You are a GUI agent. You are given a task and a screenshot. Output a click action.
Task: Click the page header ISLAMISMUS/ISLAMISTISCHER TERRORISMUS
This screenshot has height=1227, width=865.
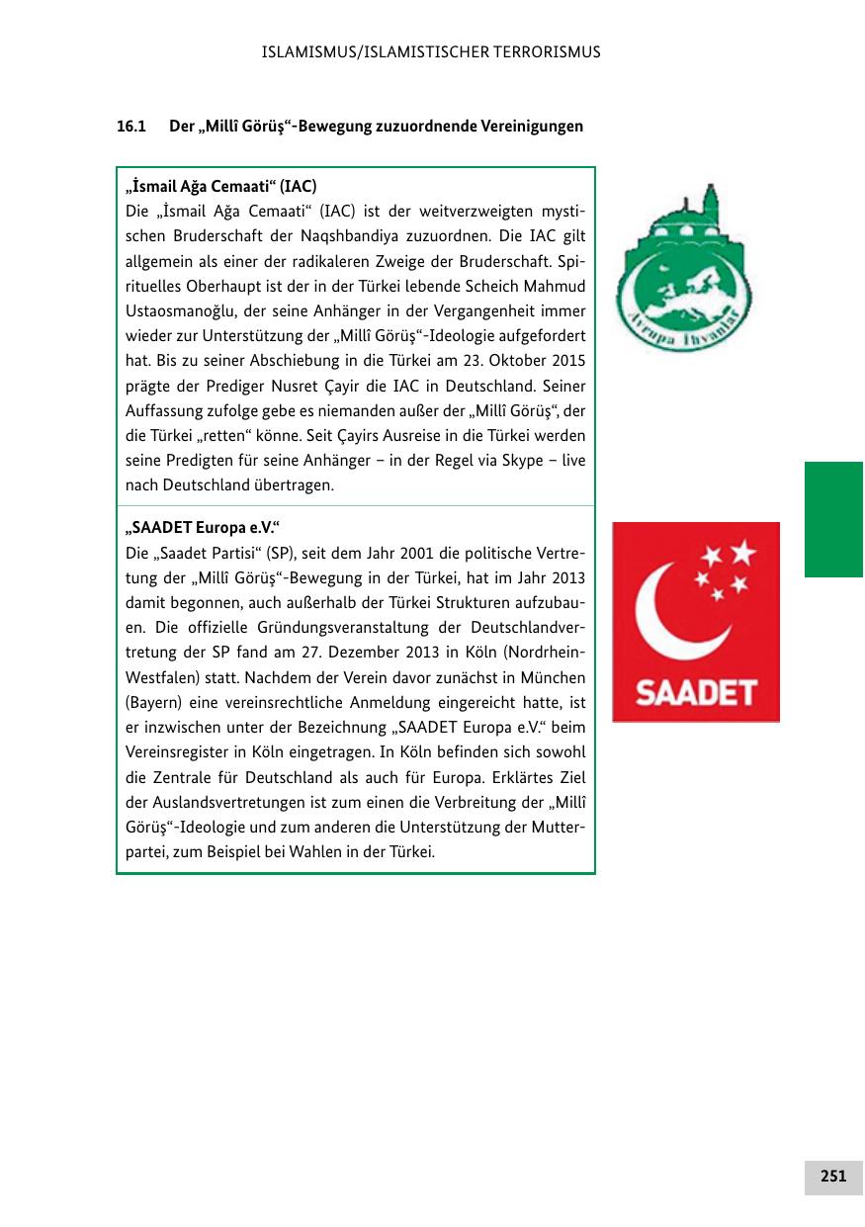[431, 51]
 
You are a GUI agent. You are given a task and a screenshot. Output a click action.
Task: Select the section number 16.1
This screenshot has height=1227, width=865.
[130, 127]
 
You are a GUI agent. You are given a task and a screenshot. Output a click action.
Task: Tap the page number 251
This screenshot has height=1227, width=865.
[832, 1176]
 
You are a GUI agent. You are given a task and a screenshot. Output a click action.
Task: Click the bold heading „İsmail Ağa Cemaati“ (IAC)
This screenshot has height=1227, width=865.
[220, 186]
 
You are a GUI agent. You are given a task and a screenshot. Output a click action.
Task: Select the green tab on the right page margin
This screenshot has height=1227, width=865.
[833, 519]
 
